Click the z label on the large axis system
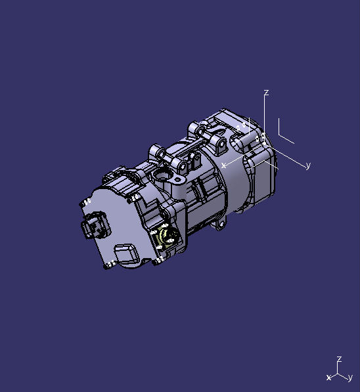tap(266, 93)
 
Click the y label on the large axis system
tap(308, 166)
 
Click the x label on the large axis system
tap(225, 165)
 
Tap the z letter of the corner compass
tap(339, 359)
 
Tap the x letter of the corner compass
tap(328, 378)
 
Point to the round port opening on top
tap(162, 175)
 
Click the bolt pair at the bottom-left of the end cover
tap(108, 263)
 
